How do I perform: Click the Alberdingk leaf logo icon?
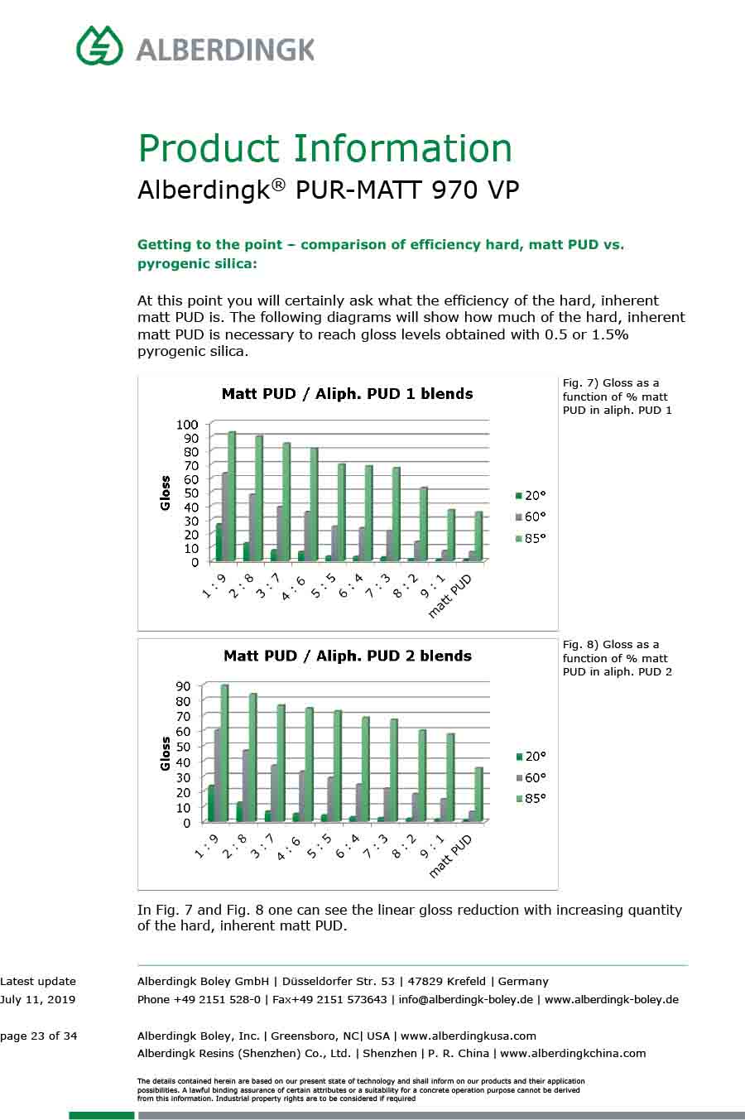99,45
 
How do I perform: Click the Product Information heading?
324,148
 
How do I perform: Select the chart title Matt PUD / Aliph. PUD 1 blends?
347,394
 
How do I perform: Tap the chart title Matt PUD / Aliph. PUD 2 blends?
347,656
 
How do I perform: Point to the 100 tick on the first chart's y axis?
187,424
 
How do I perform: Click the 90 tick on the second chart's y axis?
183,685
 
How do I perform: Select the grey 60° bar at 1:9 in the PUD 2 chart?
218,774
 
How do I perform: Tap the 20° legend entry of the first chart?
531,495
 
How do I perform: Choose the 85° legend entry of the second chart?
531,799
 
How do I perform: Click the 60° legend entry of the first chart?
531,517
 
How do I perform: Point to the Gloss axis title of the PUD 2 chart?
166,753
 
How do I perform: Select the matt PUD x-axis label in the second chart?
452,855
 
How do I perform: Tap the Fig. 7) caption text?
617,397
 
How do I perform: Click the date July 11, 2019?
37,999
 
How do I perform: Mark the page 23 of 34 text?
39,1036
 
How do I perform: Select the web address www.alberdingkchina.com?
573,1054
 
